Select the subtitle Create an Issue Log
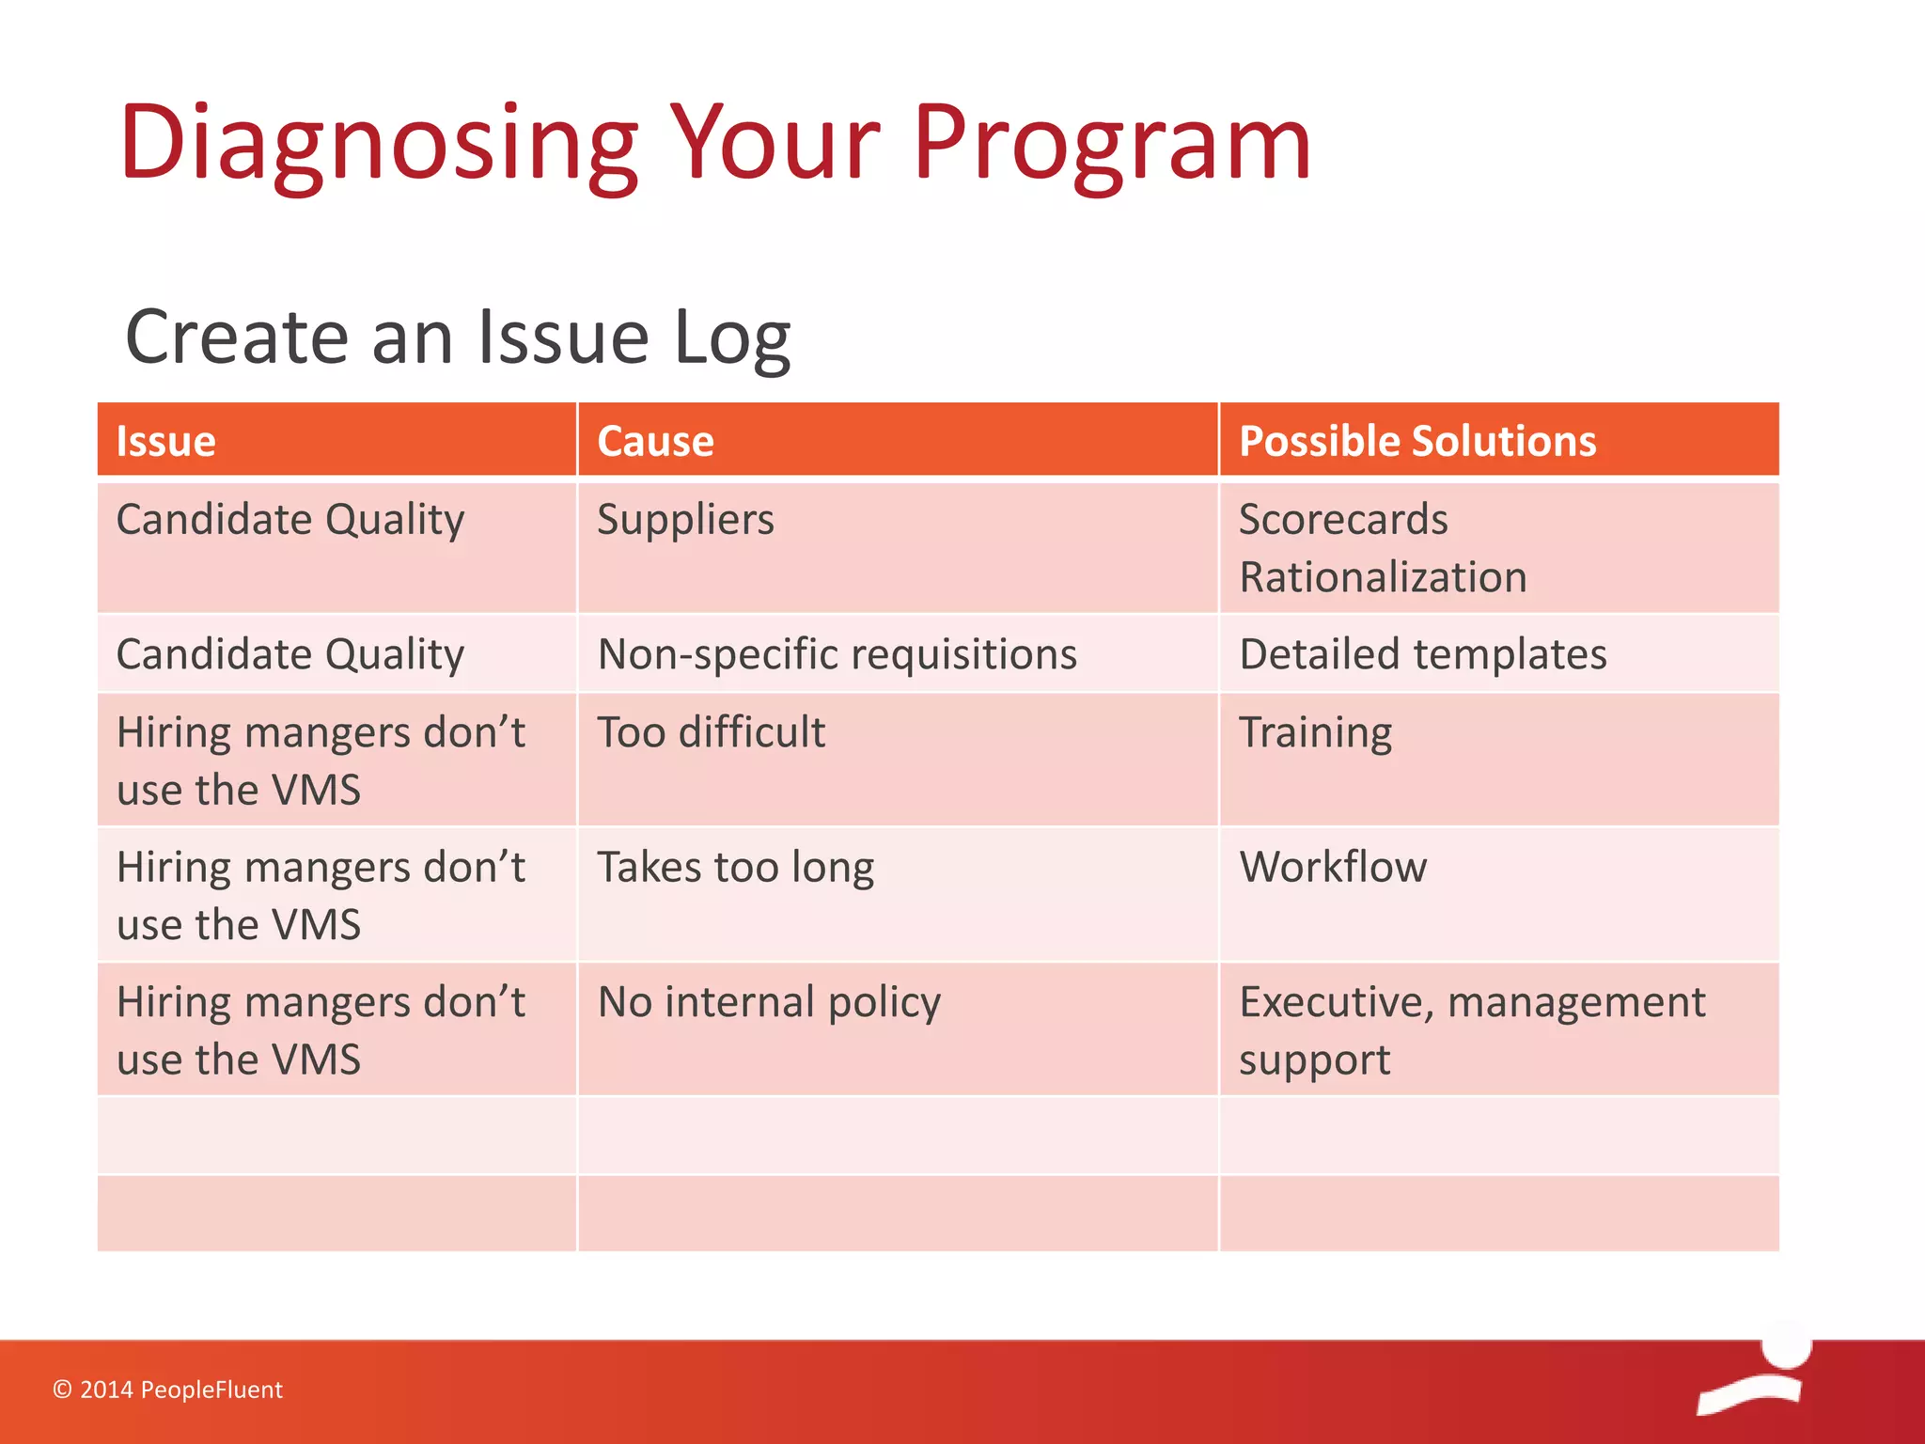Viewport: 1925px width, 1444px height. tap(458, 337)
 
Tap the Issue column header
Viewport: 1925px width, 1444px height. tap(166, 441)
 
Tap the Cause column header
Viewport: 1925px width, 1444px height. tap(656, 441)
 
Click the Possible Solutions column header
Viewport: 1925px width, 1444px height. tap(1417, 441)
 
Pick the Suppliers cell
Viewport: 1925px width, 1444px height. tap(686, 520)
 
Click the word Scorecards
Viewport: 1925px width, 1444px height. tap(1343, 520)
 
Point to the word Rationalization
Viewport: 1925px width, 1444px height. tap(1383, 577)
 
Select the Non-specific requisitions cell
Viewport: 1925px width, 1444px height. tap(837, 654)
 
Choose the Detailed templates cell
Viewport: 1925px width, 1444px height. tap(1423, 654)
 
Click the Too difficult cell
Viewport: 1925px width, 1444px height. tap(712, 732)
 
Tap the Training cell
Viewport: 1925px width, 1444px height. tap(1315, 732)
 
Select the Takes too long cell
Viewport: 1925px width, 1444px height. tap(736, 867)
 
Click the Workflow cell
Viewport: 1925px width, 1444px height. tap(1333, 867)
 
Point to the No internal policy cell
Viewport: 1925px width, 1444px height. tap(769, 1002)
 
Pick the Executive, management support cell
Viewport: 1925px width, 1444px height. tap(1471, 1029)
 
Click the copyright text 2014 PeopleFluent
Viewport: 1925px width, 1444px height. tap(168, 1389)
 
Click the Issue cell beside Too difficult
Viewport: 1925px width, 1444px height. tap(320, 761)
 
